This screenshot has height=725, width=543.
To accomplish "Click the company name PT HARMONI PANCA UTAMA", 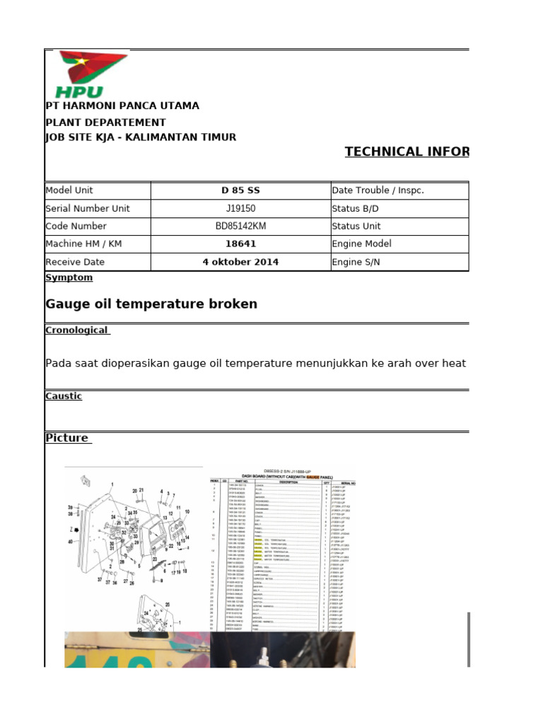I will pyautogui.click(x=122, y=106).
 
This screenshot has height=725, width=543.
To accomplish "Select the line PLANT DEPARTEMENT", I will pyautogui.click(x=105, y=122).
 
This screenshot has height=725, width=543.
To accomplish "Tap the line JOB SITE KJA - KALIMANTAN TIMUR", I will pyautogui.click(x=141, y=137).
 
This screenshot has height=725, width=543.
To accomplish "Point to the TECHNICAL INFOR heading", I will pyautogui.click(x=407, y=152).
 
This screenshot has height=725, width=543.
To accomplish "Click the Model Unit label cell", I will pyautogui.click(x=69, y=190).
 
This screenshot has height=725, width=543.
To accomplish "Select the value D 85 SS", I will pyautogui.click(x=240, y=190).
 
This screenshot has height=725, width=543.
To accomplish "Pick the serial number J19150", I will pyautogui.click(x=240, y=209).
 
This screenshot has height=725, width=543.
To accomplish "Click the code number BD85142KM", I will pyautogui.click(x=240, y=227).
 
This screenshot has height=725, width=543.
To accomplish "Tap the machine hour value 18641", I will pyautogui.click(x=240, y=244).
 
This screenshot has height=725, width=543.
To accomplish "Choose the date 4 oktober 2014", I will pyautogui.click(x=240, y=262).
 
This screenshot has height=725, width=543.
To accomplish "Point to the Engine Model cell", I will pyautogui.click(x=361, y=244).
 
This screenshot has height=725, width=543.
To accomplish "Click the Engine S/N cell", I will pyautogui.click(x=356, y=262).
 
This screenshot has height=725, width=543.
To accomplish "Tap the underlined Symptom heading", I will pyautogui.click(x=69, y=278).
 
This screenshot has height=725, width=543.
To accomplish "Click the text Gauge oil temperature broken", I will pyautogui.click(x=151, y=304).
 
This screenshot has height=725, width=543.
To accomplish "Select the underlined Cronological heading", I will pyautogui.click(x=77, y=331).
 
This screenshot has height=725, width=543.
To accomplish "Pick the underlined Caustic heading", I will pyautogui.click(x=64, y=396).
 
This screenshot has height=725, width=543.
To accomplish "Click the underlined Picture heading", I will pyautogui.click(x=68, y=438).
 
